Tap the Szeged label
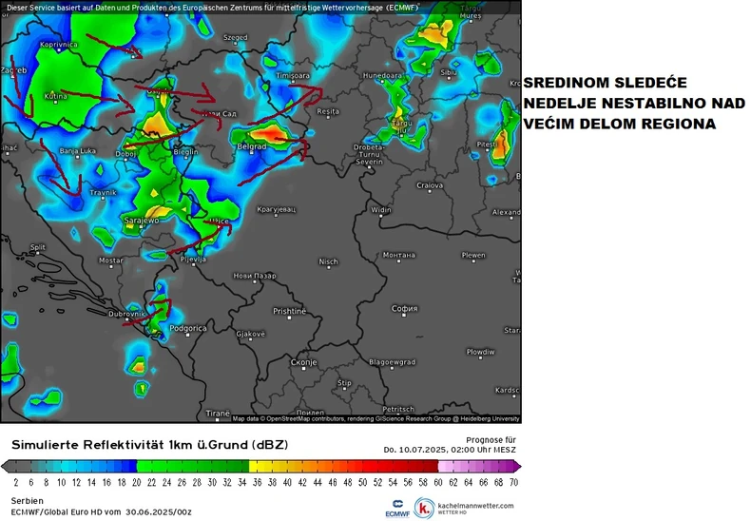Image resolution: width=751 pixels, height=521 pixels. pos(234,38)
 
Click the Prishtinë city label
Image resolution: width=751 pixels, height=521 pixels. pos(290,311)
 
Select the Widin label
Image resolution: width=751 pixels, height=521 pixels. pos(381,209)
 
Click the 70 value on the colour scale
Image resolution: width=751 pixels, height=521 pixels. pos(514,482)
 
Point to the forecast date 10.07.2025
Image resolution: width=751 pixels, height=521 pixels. pos(426,449)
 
